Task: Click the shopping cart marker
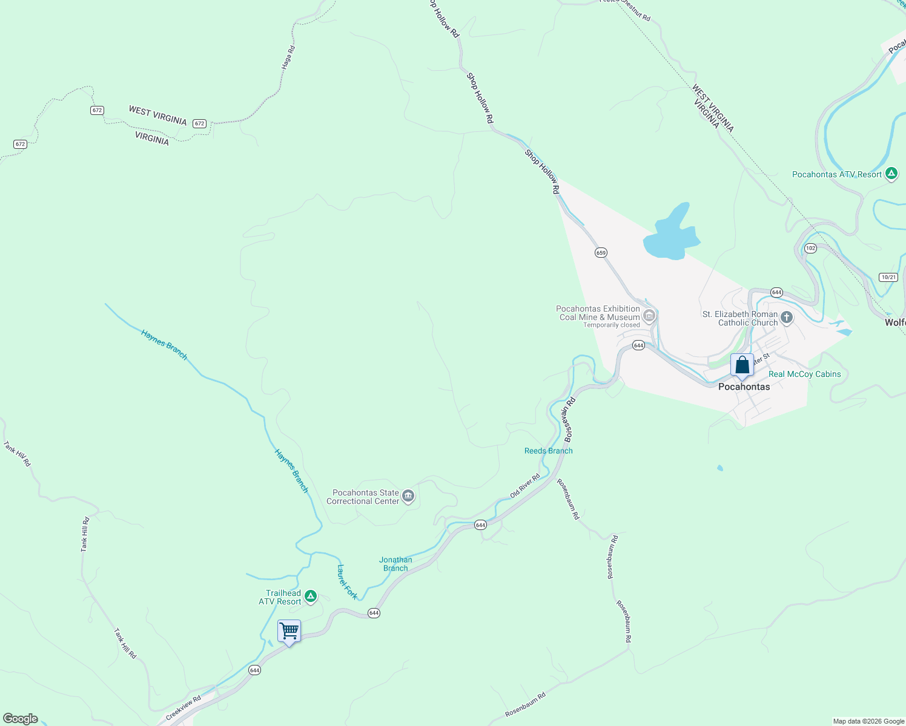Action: click(289, 631)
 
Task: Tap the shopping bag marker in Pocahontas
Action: click(742, 365)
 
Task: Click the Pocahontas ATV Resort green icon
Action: click(891, 174)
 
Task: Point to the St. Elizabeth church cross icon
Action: click(786, 318)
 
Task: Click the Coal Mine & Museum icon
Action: click(649, 315)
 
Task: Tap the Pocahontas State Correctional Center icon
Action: click(408, 497)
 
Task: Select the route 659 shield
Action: click(601, 252)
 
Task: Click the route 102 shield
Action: click(811, 248)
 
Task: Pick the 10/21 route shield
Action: click(888, 277)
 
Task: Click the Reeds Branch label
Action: click(548, 451)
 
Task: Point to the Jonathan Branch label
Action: click(395, 564)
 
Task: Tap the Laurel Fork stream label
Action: click(347, 581)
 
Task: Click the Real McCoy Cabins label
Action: click(804, 374)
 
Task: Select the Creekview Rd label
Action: click(183, 707)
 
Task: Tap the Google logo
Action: click(21, 719)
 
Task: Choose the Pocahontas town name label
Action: click(744, 387)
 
